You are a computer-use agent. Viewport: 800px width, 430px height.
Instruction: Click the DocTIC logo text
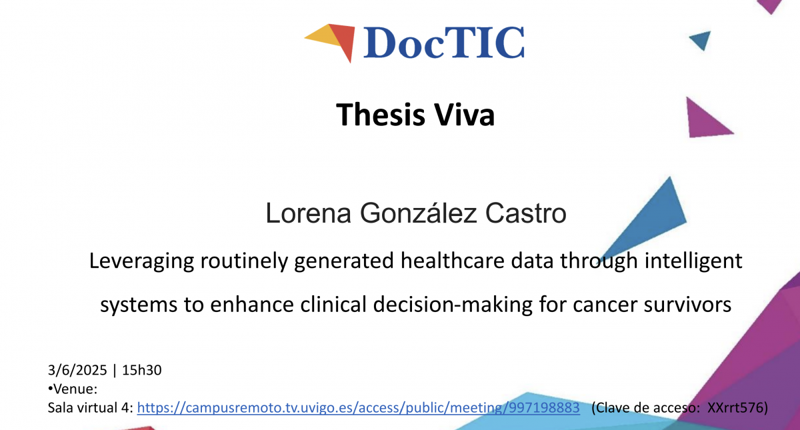pos(444,42)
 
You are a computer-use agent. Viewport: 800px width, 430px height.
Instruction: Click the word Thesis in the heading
pos(381,114)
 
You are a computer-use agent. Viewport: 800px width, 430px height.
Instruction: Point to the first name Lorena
pos(308,213)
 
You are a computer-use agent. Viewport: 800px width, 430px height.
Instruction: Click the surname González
pos(418,213)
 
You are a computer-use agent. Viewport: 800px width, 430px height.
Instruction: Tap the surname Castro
pos(526,213)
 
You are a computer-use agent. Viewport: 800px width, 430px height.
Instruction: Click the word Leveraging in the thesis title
pos(141,262)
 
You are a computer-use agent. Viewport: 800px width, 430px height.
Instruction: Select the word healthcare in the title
pos(452,261)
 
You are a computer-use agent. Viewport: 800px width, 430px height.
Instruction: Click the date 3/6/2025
pos(77,370)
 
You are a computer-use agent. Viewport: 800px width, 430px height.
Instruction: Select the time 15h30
pos(142,370)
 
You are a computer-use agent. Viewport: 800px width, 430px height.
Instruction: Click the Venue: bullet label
pos(73,389)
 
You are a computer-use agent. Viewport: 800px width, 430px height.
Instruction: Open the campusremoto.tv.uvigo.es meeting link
pos(358,407)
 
